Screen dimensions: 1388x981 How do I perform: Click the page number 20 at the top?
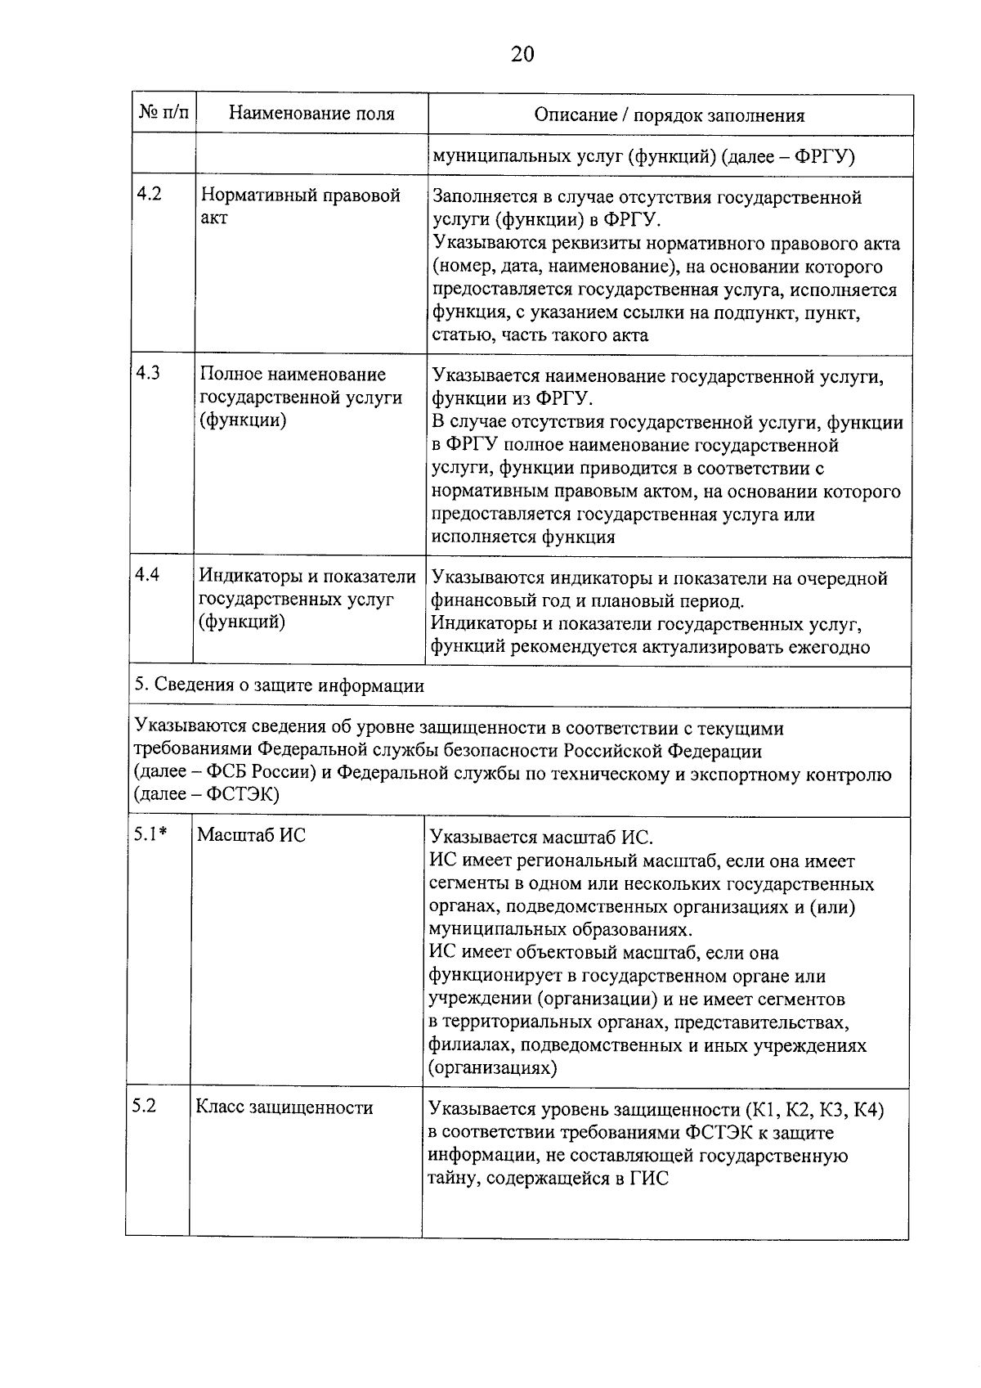point(522,55)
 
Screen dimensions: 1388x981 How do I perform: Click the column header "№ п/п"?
point(163,114)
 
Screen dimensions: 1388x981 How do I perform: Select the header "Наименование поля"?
point(311,114)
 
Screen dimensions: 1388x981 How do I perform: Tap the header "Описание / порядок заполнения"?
point(669,115)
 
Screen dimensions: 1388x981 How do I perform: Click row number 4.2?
point(150,196)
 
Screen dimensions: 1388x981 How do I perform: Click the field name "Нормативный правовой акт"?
point(300,207)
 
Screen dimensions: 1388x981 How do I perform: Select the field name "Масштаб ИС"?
point(251,836)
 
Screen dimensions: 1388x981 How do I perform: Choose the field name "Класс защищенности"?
point(284,1107)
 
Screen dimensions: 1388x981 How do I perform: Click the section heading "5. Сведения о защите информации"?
point(280,685)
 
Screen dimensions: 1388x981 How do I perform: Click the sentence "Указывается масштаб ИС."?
point(541,838)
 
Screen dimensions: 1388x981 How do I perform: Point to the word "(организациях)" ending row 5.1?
point(492,1068)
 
